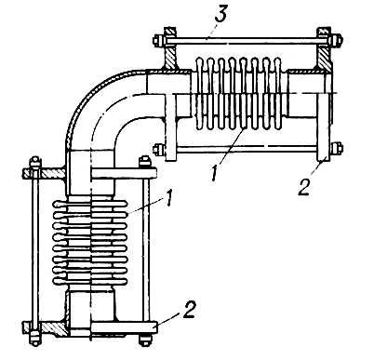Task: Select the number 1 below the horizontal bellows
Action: coord(214,173)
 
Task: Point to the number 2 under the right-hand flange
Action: coord(304,187)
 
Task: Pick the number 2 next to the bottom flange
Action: coord(189,310)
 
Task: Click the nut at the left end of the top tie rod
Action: coord(157,41)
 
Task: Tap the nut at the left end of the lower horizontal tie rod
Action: coord(158,149)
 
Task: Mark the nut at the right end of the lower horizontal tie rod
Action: coord(337,149)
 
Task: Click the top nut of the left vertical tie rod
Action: coord(35,163)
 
